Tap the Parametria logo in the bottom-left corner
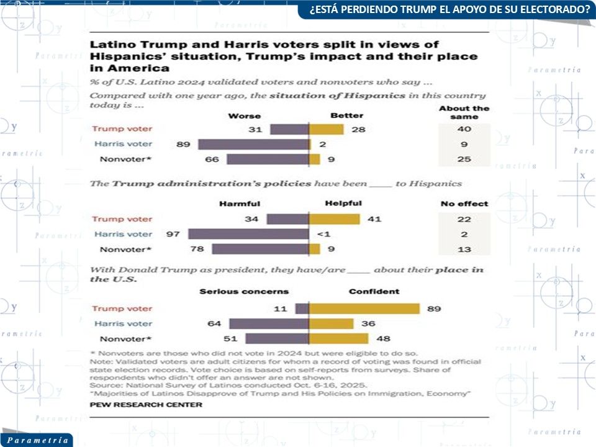[x=35, y=440]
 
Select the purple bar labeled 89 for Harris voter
[x=253, y=144]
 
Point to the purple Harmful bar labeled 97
[x=248, y=234]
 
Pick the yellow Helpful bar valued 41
[x=334, y=219]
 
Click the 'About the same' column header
[x=464, y=112]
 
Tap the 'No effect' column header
[x=464, y=204]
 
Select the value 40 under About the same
[x=464, y=129]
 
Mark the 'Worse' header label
[x=245, y=115]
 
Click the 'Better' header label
[x=346, y=115]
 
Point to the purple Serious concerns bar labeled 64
[x=269, y=323]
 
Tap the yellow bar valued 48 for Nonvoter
[x=338, y=338]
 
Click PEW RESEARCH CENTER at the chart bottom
[x=146, y=405]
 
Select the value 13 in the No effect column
[x=464, y=249]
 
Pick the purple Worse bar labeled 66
[x=268, y=159]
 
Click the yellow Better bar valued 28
[x=326, y=129]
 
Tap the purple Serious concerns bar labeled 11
[x=302, y=309]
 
